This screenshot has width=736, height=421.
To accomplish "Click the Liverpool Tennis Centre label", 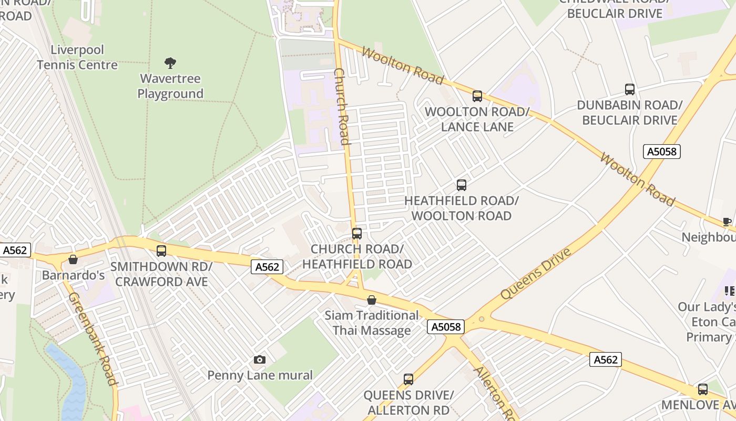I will [77, 57].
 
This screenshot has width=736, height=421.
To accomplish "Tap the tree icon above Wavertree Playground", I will [170, 63].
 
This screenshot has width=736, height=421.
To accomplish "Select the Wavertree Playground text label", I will [170, 86].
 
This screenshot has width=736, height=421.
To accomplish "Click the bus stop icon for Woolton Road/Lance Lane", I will [477, 96].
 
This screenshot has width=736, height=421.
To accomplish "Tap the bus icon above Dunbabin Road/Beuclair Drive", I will [629, 89].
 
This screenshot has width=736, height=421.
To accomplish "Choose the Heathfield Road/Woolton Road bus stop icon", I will [461, 185].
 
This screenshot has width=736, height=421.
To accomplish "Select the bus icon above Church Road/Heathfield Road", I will [357, 233].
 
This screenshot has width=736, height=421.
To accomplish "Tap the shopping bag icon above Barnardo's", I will [73, 259].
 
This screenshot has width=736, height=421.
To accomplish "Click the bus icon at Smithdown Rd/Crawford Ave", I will [161, 251].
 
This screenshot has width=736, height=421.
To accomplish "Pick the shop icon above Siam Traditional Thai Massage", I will [372, 300].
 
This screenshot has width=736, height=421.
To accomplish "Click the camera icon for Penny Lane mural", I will [259, 360].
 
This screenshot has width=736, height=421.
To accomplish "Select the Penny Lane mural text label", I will [260, 375].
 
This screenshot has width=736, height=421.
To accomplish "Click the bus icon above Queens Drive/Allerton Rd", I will [408, 379].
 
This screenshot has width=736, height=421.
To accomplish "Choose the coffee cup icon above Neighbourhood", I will [727, 222].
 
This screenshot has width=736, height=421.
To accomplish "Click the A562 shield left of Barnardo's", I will [15, 250].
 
